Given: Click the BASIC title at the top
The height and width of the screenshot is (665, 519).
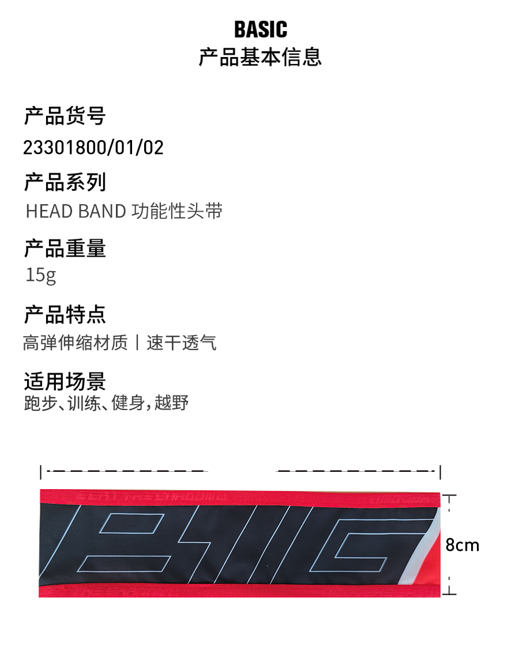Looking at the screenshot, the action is (x=260, y=29).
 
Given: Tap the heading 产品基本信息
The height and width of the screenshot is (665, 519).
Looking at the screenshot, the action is (x=260, y=57).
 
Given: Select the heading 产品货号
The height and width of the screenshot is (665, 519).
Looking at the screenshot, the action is (x=65, y=116).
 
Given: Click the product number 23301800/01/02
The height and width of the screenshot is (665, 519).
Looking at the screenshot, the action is (x=93, y=148).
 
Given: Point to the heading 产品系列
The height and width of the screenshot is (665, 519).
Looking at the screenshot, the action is (x=65, y=182).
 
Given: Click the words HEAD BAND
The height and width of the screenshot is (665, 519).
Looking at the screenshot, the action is (x=76, y=211).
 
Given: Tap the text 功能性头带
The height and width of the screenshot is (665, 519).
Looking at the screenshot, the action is (x=177, y=211).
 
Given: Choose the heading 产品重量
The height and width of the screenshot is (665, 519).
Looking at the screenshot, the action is (x=65, y=248).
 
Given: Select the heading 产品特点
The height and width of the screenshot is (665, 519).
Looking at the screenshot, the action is (x=65, y=315).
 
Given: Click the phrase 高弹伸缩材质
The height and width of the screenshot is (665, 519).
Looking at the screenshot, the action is (x=75, y=343).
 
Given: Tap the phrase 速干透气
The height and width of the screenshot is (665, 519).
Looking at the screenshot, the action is (x=182, y=343).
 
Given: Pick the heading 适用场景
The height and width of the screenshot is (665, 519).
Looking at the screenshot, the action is (x=65, y=381).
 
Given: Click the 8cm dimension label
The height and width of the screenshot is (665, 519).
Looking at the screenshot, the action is (x=462, y=545).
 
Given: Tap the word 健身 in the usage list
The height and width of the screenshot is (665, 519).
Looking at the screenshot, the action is (x=128, y=403).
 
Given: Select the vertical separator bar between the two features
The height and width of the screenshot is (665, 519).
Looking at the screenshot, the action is (x=137, y=343).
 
